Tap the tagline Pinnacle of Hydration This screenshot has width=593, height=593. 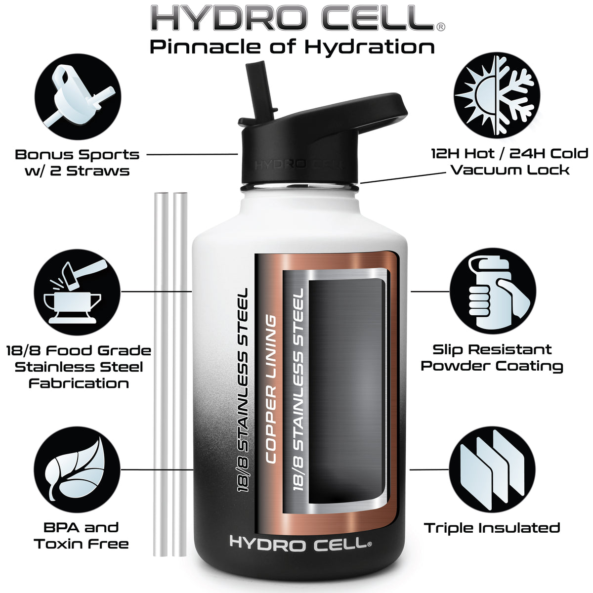pyautogui.click(x=293, y=47)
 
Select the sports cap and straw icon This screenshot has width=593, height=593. pyautogui.click(x=78, y=97)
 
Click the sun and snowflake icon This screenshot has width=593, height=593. pyautogui.click(x=497, y=95)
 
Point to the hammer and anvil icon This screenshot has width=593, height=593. pyautogui.click(x=77, y=292)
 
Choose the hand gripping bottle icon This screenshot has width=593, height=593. pyautogui.click(x=493, y=291)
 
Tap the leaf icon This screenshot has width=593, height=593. pyautogui.click(x=77, y=469)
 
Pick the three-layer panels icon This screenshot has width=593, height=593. pyautogui.click(x=492, y=469)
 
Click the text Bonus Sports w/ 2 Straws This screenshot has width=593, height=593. pyautogui.click(x=77, y=163)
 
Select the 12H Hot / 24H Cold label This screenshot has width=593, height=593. pyautogui.click(x=509, y=154)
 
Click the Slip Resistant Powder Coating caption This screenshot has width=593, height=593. pyautogui.click(x=492, y=358)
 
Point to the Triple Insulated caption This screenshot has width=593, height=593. pyautogui.click(x=492, y=528)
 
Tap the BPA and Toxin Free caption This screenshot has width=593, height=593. pyautogui.click(x=81, y=536)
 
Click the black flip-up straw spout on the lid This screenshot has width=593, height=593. pyautogui.click(x=261, y=92)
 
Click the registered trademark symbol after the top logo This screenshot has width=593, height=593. pyautogui.click(x=441, y=27)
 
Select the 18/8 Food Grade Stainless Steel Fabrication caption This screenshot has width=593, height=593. pyautogui.click(x=79, y=367)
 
